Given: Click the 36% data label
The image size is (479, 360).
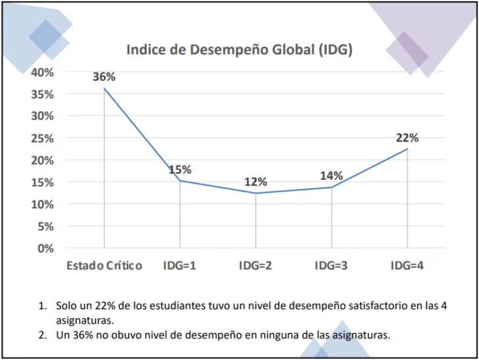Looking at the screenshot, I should [x=104, y=77].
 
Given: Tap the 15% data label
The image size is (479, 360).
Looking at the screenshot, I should [x=180, y=170].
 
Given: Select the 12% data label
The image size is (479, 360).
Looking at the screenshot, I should [x=256, y=182].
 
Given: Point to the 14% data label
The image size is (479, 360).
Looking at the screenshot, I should [x=332, y=176].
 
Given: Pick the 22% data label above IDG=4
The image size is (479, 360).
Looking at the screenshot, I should [x=407, y=138].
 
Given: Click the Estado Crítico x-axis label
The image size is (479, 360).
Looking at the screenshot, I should [x=104, y=266].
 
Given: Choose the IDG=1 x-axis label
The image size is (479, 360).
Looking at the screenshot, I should [x=180, y=266].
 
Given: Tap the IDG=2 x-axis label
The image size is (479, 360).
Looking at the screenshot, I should [x=256, y=266].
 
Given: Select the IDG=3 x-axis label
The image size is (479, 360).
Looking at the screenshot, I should [x=332, y=266].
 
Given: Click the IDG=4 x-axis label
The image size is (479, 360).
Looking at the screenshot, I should [x=407, y=266].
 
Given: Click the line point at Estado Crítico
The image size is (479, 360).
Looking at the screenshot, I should [x=104, y=88].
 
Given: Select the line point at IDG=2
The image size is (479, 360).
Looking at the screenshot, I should [x=256, y=193].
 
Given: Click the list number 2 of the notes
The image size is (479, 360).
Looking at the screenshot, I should [x=42, y=335].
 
